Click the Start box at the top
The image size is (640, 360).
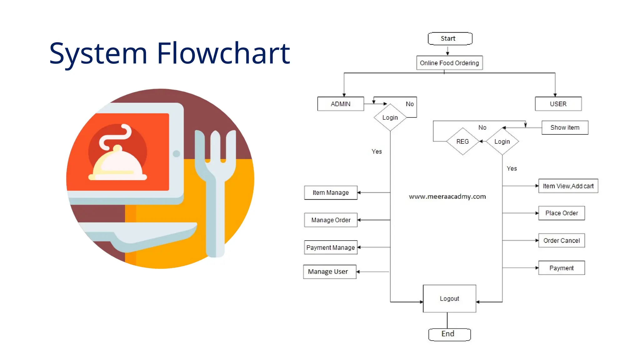pos(450,38)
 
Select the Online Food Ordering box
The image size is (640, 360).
pos(449,63)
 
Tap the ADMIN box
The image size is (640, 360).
pos(341,104)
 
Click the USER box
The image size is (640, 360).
pos(558,104)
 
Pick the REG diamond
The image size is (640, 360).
pos(462,142)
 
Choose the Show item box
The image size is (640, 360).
pos(565,127)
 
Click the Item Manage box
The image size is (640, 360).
pos(331,192)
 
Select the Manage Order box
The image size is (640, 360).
pos(331,220)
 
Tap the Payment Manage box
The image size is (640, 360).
pos(331,247)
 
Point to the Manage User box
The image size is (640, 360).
pos(329,272)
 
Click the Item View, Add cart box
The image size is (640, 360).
pos(568,186)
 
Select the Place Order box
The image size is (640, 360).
pos(562,213)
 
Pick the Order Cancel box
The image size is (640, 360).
pos(562,241)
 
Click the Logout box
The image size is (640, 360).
pos(449,298)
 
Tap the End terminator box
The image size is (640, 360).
pos(449,334)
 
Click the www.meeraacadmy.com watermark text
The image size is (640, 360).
pos(447,197)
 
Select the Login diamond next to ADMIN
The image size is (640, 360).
pos(390,117)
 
